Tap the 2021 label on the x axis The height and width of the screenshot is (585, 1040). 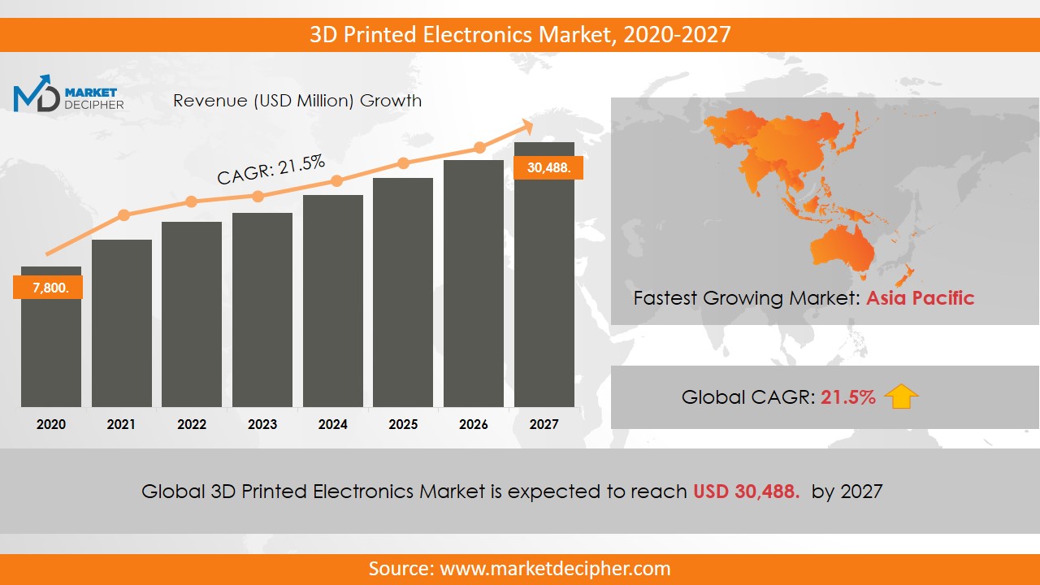point(121,424)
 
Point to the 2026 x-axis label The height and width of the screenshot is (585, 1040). point(474,424)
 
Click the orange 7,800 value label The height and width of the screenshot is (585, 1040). point(48,288)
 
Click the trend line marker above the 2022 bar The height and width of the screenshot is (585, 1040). point(191,201)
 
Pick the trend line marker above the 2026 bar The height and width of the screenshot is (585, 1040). point(479,148)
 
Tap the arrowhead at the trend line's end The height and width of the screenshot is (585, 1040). point(526,126)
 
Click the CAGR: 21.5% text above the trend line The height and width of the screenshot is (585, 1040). point(271,170)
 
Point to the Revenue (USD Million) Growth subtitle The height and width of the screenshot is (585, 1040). point(297,101)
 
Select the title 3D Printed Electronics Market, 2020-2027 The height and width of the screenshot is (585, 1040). point(520,34)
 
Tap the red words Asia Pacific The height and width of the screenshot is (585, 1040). point(920,297)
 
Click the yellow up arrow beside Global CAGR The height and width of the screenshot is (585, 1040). point(901,396)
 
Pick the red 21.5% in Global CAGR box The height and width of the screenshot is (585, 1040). point(848,397)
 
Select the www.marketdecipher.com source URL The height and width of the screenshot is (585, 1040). point(556,569)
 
